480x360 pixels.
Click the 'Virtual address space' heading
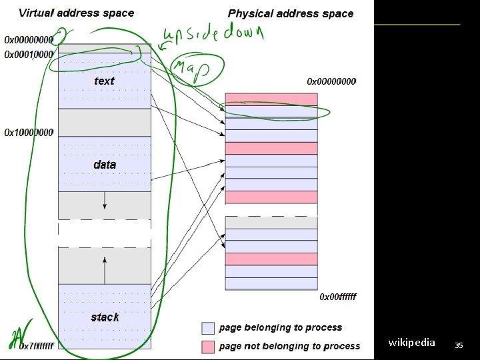pyautogui.click(x=76, y=13)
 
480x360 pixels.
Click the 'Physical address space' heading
pyautogui.click(x=291, y=13)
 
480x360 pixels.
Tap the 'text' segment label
pyautogui.click(x=104, y=81)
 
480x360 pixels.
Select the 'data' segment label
pyautogui.click(x=105, y=164)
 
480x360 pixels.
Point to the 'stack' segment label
pyautogui.click(x=105, y=317)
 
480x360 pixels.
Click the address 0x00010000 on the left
pyautogui.click(x=29, y=55)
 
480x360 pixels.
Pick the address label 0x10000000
pyautogui.click(x=29, y=133)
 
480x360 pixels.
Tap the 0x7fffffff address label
pyautogui.click(x=36, y=346)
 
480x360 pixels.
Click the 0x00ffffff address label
pyautogui.click(x=338, y=297)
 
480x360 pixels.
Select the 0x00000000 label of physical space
pyautogui.click(x=331, y=81)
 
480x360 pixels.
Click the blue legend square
pyautogui.click(x=208, y=328)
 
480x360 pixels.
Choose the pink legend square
pyautogui.click(x=208, y=347)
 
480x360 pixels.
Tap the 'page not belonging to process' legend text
pyautogui.click(x=289, y=346)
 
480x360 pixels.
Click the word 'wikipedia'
pyautogui.click(x=411, y=343)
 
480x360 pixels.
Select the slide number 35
pyautogui.click(x=458, y=345)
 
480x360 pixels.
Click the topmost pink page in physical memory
pyautogui.click(x=271, y=99)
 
